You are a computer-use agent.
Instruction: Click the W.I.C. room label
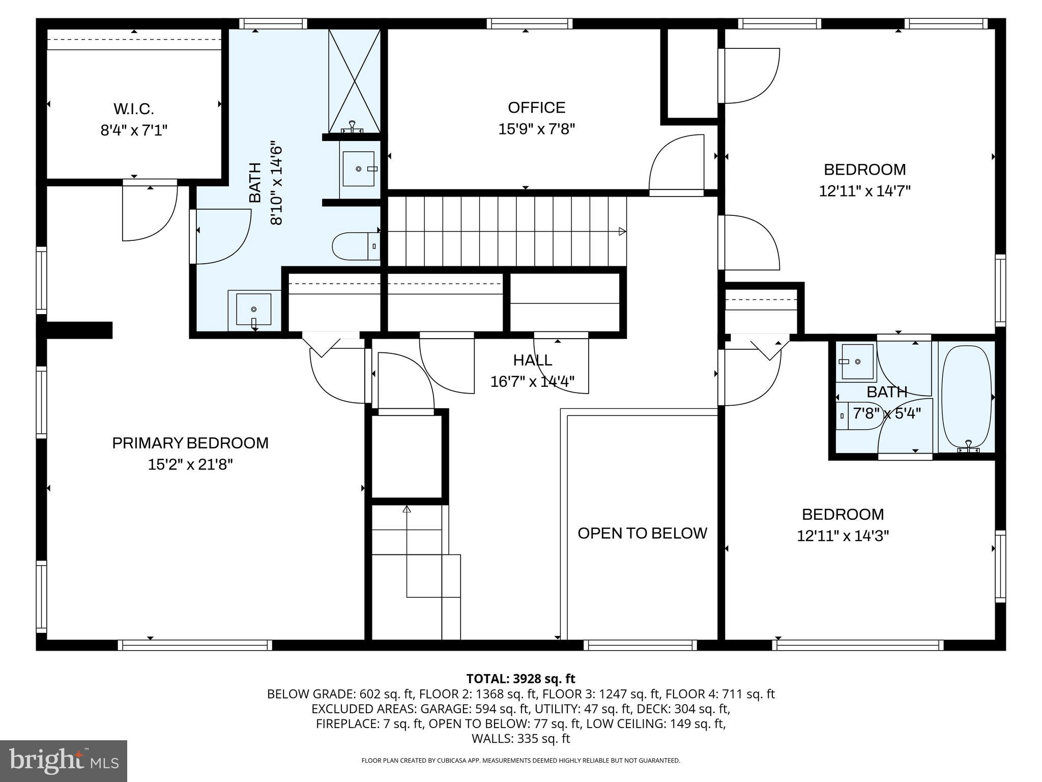[134, 109]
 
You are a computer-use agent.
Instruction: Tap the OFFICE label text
[536, 107]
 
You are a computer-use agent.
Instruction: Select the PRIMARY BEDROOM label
[190, 443]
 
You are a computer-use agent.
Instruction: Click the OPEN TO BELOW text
[642, 533]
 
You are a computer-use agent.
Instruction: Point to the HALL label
[532, 360]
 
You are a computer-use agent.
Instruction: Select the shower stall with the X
[354, 80]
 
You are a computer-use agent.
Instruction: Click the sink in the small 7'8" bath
[857, 362]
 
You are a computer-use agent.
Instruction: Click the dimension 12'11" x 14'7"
[864, 191]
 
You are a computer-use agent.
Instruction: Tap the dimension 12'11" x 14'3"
[843, 536]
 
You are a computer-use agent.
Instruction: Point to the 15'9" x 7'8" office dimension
[536, 129]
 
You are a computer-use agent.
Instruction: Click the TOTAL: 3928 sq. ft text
[520, 679]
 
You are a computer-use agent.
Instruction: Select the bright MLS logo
[64, 761]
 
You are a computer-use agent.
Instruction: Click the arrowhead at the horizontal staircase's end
[622, 232]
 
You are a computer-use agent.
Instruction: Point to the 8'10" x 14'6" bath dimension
[276, 183]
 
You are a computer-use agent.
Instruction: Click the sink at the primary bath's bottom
[254, 309]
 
